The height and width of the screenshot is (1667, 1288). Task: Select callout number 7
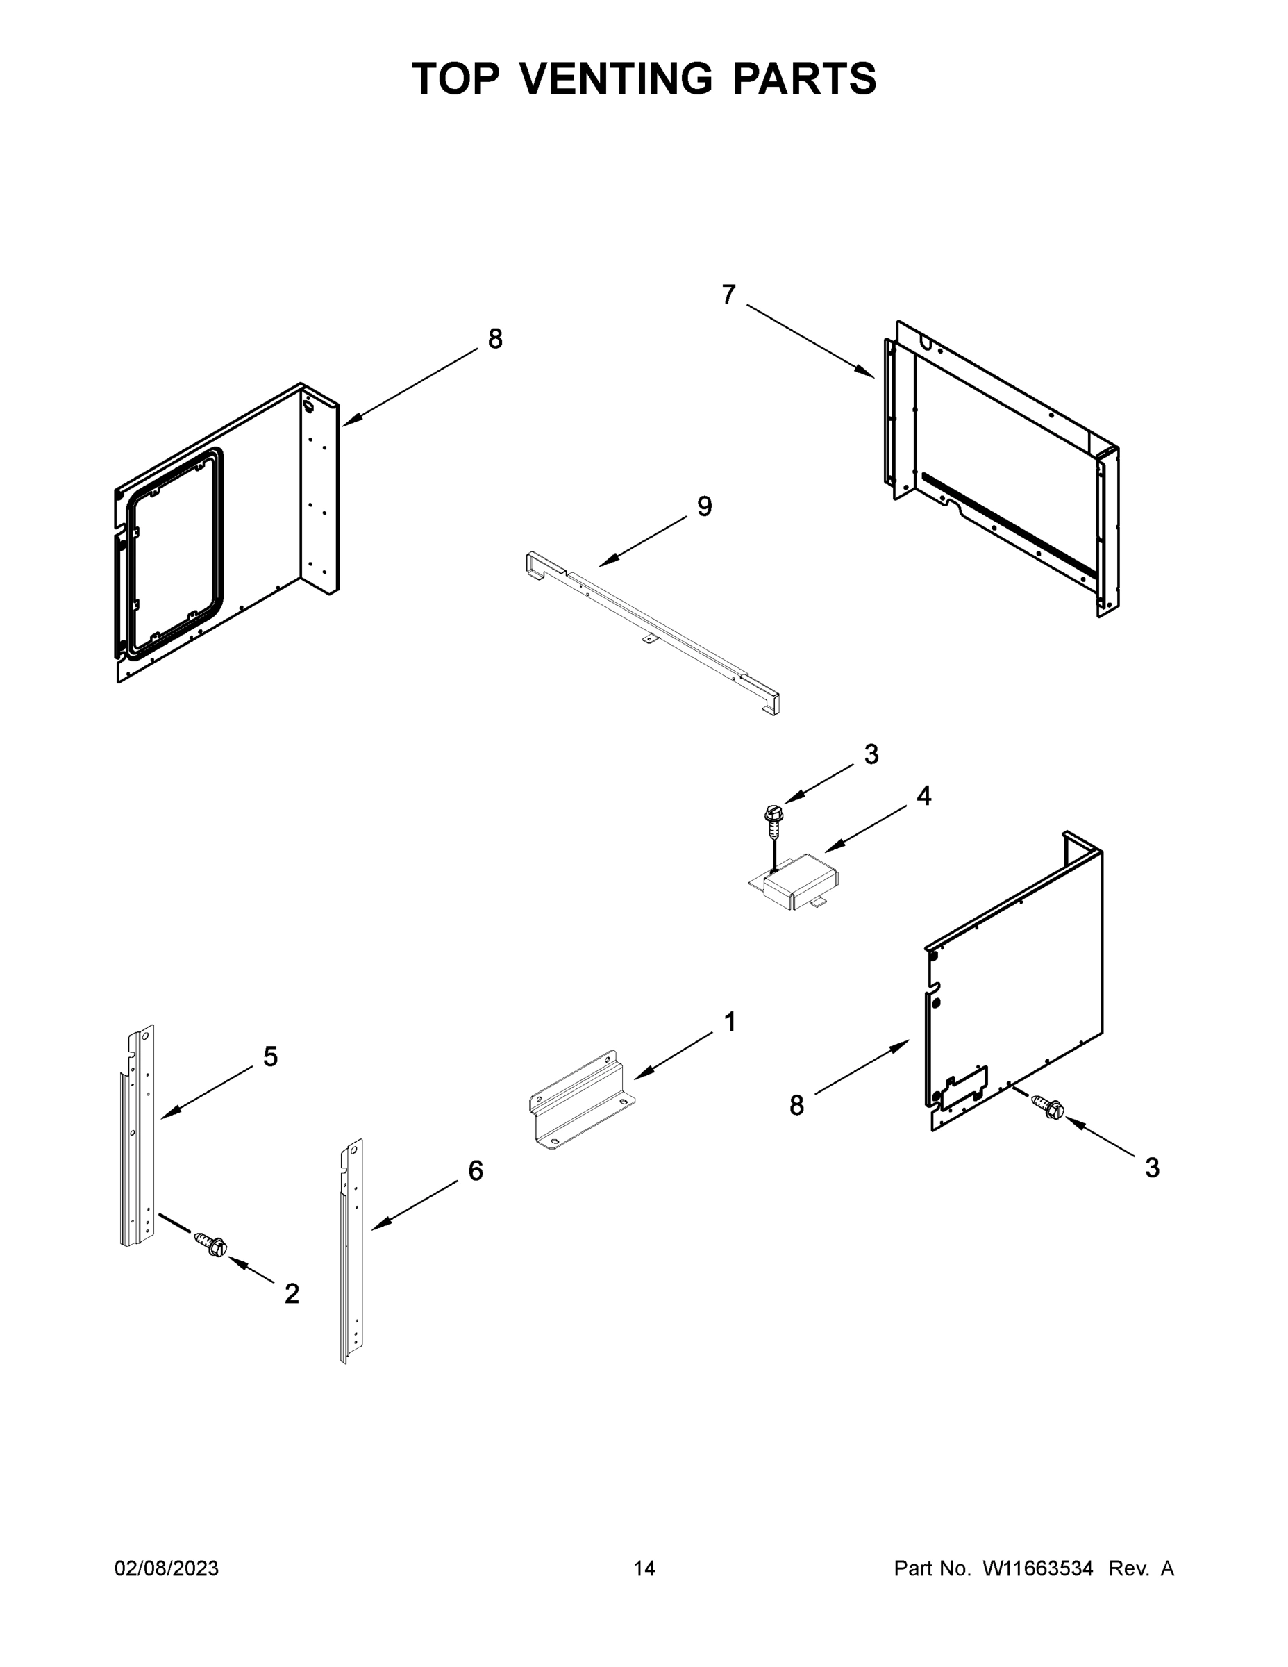pos(728,295)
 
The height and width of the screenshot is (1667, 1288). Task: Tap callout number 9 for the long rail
pos(704,506)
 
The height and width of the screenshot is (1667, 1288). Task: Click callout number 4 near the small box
pos(923,796)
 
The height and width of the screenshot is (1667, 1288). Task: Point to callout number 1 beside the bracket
pos(730,1021)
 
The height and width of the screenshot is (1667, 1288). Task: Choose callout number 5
pos(270,1056)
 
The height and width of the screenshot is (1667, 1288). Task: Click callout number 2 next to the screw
pos(292,1293)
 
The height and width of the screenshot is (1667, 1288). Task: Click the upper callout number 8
pos(495,339)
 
